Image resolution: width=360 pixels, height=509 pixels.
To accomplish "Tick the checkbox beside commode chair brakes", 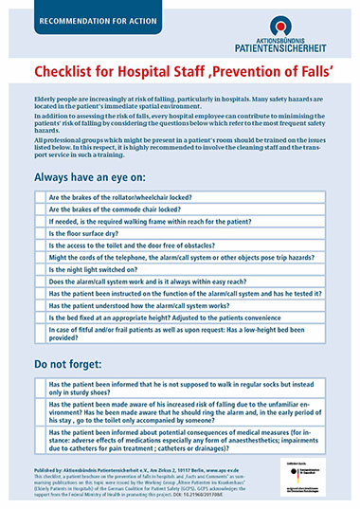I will pyautogui.click(x=39, y=209).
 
